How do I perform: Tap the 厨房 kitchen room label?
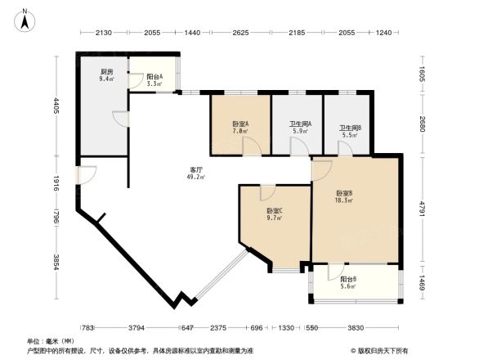pyautogui.click(x=105, y=72)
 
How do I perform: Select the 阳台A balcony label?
pyautogui.click(x=154, y=76)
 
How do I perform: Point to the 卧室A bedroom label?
pyautogui.click(x=239, y=124)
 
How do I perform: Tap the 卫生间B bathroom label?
pyautogui.click(x=349, y=128)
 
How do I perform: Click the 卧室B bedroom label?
pyautogui.click(x=344, y=194)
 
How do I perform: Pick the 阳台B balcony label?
pyautogui.click(x=348, y=279)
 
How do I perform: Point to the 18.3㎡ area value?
pyautogui.click(x=344, y=201)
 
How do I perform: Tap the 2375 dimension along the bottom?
pyautogui.click(x=218, y=328)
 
